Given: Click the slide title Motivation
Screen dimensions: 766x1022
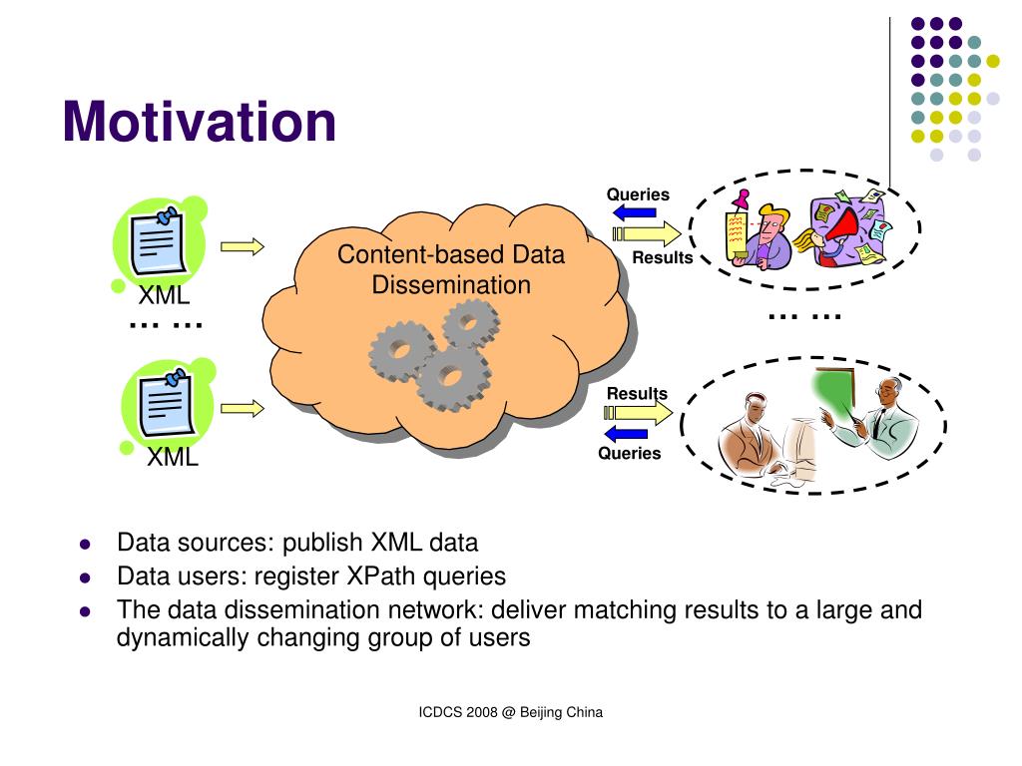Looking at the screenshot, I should coord(199,122).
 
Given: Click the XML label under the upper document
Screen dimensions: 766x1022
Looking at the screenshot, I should coord(164,296).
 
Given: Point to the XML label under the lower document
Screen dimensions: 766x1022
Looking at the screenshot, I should coord(173,458).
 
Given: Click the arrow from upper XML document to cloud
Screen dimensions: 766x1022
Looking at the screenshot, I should coord(243,246).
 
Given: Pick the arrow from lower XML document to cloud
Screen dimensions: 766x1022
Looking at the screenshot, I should coord(243,408).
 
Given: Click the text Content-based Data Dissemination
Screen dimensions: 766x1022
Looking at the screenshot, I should coord(450,269).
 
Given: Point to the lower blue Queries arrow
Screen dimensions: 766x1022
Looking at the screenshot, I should coord(626,433).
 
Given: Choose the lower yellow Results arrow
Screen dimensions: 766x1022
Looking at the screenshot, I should coord(639,413).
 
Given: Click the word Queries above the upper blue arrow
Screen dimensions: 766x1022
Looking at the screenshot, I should coord(638,194).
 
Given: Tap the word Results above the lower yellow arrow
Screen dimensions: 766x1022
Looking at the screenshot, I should coord(637,393).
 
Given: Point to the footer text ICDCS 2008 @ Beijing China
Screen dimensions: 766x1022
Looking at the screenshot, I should coord(510,712).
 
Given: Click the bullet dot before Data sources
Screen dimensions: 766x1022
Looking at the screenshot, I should coord(85,546).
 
